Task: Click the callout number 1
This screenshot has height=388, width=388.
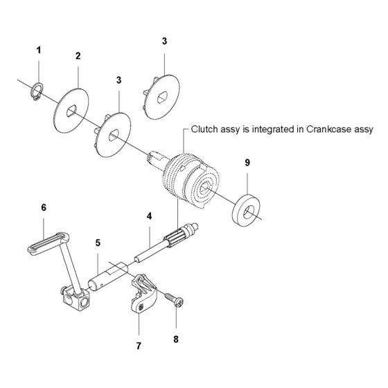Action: (x=39, y=51)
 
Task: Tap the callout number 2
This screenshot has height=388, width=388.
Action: (x=78, y=56)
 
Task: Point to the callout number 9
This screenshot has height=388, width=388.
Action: (x=247, y=163)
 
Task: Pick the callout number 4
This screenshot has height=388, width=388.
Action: (x=149, y=216)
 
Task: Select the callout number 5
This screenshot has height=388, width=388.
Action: (x=98, y=243)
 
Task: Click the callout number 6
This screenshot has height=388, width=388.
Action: (x=44, y=208)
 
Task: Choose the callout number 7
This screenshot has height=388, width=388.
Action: (x=139, y=346)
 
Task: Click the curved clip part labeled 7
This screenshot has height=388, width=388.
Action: (x=143, y=294)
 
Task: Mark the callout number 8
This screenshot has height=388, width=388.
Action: (x=176, y=339)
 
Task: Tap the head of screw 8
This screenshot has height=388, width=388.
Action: (x=179, y=303)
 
